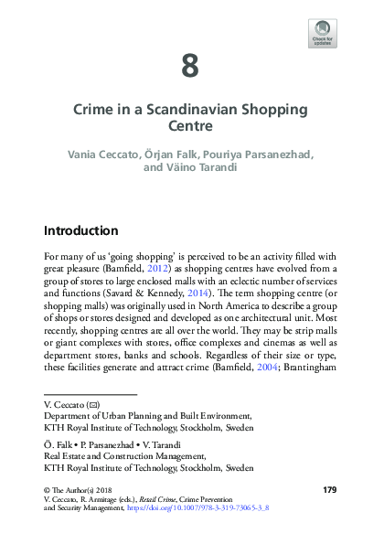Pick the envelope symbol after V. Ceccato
93,403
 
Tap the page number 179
330,490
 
